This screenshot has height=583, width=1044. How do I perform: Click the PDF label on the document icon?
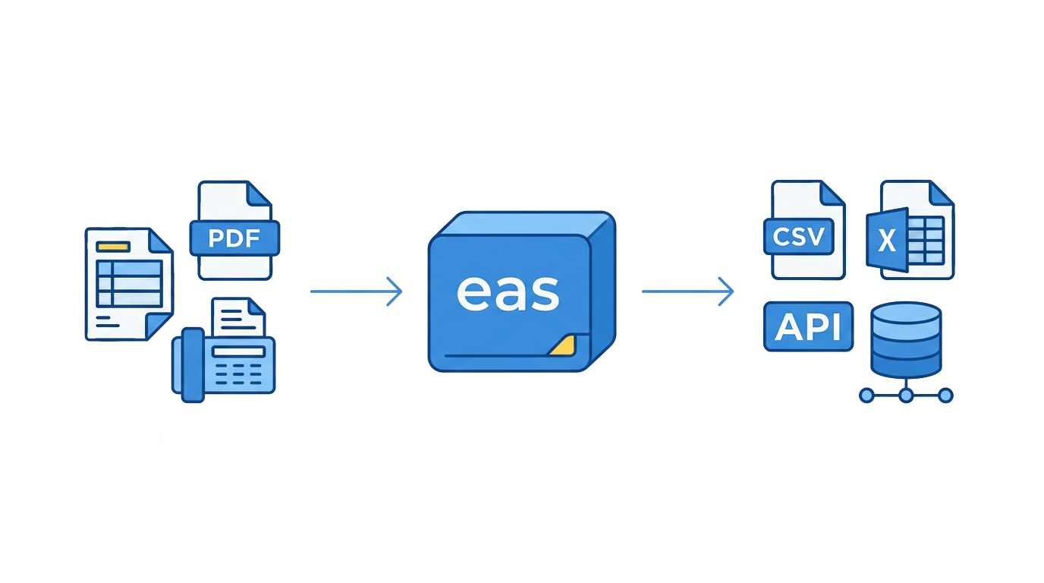point(234,239)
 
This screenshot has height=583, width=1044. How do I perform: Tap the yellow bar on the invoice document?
point(113,246)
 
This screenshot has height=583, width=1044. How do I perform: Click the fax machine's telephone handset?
point(192,364)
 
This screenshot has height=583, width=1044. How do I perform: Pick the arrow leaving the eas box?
point(687,291)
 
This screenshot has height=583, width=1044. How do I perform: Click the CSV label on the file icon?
point(798,238)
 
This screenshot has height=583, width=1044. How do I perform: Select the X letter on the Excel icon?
point(886,241)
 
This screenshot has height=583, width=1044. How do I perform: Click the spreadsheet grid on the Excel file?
point(926,238)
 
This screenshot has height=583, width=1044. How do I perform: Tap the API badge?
point(808,326)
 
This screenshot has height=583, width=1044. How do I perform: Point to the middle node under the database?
point(906,395)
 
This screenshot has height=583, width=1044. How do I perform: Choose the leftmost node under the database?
point(866,395)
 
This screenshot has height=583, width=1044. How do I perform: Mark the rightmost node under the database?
point(945,395)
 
